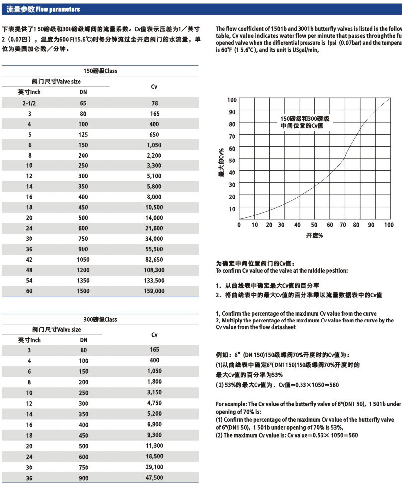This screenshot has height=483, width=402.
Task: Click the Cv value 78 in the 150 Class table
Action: click(154, 103)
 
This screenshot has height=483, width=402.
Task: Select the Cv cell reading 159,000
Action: click(154, 290)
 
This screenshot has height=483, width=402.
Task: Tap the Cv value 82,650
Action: click(154, 259)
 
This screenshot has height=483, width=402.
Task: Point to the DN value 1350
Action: click(83, 280)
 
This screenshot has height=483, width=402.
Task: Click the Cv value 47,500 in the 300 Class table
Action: click(154, 477)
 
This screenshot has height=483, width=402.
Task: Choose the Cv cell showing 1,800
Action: click(154, 382)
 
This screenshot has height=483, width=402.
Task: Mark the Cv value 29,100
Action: click(154, 467)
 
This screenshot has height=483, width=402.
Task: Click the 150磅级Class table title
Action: click(100, 71)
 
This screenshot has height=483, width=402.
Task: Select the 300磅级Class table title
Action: click(100, 319)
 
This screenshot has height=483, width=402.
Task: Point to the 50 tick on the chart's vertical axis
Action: click(232, 161)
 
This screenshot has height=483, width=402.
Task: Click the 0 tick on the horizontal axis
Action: click(239, 225)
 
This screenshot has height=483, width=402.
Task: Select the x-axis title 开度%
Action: click(314, 235)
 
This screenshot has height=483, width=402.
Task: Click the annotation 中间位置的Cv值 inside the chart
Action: click(305, 126)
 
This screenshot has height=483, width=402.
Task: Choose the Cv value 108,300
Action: click(154, 270)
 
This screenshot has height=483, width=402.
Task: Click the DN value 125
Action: click(83, 134)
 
